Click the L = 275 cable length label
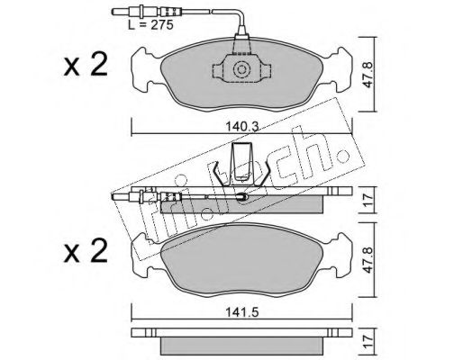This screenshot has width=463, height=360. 150,25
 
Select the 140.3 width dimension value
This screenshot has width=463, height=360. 242,127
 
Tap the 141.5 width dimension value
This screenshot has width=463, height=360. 242,312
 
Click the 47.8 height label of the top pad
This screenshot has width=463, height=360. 368,75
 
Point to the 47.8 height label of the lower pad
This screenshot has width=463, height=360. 368,260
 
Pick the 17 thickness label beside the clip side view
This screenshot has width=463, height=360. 368,200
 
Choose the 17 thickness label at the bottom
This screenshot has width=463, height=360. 368,341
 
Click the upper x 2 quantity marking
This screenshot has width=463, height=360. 86,65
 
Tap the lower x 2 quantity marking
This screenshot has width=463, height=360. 86,251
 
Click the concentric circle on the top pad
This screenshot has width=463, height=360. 241,70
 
